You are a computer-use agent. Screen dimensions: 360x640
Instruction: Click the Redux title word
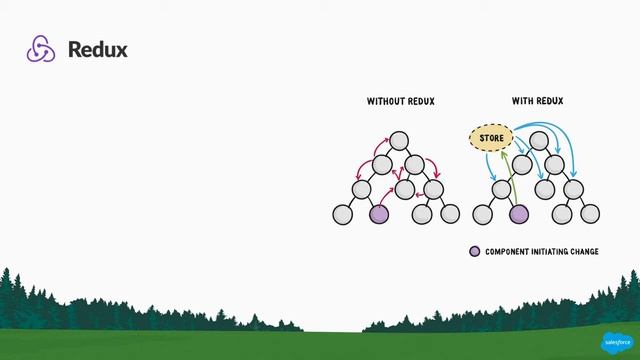98,49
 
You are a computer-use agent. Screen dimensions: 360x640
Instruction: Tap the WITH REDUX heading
537,101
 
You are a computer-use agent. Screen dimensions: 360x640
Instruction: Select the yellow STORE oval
491,137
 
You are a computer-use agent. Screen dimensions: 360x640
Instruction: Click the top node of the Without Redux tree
399,140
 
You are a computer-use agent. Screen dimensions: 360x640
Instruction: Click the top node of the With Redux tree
537,140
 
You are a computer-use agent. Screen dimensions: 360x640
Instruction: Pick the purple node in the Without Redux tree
379,213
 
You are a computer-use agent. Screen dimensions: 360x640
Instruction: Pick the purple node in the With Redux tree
518,213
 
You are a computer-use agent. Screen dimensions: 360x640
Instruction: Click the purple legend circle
475,251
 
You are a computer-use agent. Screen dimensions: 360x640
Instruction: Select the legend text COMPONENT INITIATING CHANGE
542,251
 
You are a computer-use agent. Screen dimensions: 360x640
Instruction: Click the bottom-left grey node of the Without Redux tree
342,213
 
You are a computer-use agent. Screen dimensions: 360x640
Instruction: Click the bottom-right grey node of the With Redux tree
591,213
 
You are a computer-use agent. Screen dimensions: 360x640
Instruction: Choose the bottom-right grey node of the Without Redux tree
451,213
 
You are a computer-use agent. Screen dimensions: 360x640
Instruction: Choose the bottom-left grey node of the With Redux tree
482,213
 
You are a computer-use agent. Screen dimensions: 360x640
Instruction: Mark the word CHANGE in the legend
581,251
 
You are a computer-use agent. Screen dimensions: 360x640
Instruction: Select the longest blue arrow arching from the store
560,129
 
